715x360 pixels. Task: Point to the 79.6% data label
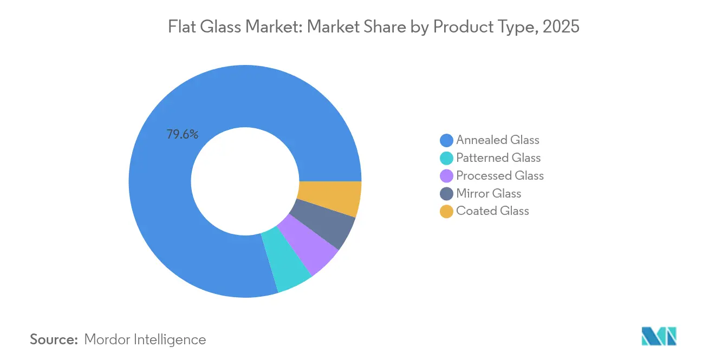point(182,135)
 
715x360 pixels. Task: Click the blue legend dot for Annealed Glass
point(446,141)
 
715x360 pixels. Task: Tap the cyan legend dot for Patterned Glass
point(446,158)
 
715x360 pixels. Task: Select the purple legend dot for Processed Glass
point(446,176)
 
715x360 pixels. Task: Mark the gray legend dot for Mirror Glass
point(446,194)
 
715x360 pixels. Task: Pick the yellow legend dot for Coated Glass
point(446,211)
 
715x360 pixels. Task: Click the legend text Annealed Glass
point(498,140)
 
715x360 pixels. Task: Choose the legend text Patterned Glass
point(498,158)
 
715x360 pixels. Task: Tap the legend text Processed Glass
point(500,176)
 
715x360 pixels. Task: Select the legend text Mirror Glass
point(489,194)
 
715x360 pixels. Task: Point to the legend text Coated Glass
point(492,211)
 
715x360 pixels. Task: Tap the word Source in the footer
point(54,339)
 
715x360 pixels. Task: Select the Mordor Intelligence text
point(145,339)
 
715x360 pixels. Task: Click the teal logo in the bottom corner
point(659,336)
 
